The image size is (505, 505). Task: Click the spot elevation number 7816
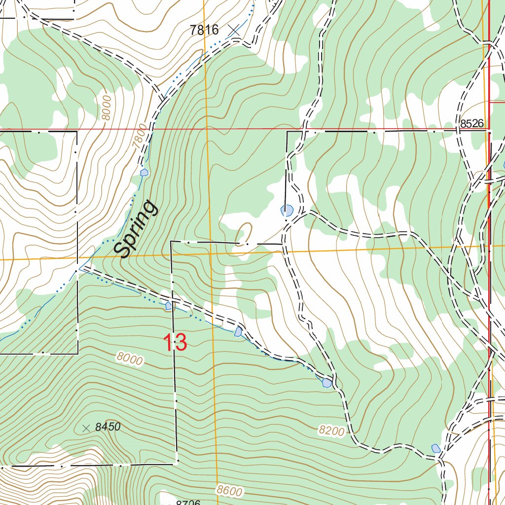tap(204, 30)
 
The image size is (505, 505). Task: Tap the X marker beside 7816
tap(235, 31)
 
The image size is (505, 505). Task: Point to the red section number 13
tap(175, 343)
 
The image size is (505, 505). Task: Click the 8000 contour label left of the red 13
tap(130, 359)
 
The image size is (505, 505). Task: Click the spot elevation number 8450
tap(108, 428)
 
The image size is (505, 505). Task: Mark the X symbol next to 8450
tap(86, 428)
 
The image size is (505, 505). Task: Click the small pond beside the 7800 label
tap(144, 173)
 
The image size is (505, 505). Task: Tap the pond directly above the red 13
tap(169, 306)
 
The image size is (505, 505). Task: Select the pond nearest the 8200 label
tap(327, 382)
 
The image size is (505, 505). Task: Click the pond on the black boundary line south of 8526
tap(287, 211)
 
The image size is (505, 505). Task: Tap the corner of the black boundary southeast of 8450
tap(177, 464)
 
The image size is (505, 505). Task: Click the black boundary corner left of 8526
tap(287, 132)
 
